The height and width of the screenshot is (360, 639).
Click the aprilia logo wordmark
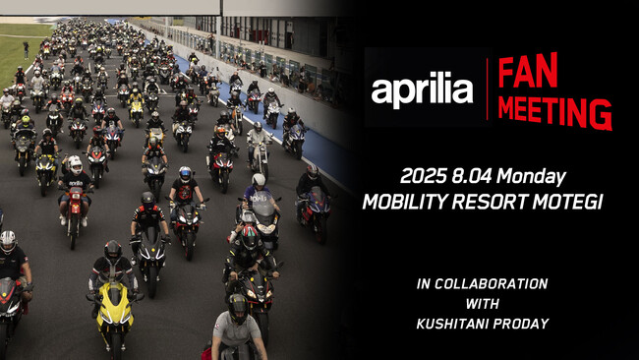[x=422, y=90]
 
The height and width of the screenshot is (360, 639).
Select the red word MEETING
[x=553, y=110]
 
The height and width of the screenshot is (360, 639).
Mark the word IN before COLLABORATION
[x=424, y=283]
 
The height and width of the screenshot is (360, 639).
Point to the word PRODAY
[x=520, y=324]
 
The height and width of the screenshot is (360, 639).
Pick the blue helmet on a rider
[x=184, y=173]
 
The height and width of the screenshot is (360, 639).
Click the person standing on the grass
[x=26, y=47]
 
